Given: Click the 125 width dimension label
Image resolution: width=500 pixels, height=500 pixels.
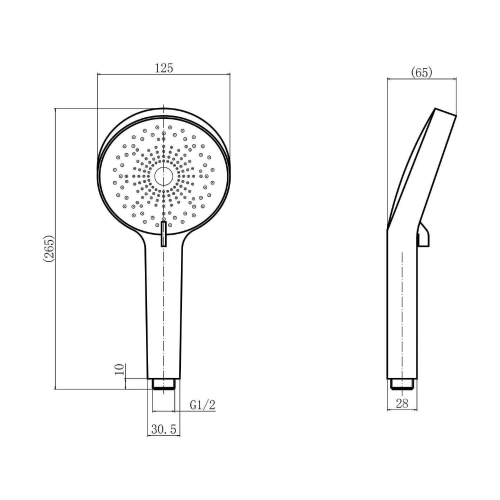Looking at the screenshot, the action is (163, 68).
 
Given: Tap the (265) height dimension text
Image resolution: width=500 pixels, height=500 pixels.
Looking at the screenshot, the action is (48, 248).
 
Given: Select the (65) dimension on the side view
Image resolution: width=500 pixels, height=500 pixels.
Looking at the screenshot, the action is (421, 72).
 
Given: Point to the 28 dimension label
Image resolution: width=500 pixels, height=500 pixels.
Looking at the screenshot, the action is (402, 403).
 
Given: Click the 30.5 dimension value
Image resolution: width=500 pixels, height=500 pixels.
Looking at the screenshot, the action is (163, 429).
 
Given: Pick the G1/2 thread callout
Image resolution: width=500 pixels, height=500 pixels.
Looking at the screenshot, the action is (202, 405).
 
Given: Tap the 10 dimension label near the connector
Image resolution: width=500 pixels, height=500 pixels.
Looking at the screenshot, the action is (119, 369).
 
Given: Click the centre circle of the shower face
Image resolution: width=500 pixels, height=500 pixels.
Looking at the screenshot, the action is (163, 176).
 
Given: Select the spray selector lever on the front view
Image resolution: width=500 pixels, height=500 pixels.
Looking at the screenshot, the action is (163, 234).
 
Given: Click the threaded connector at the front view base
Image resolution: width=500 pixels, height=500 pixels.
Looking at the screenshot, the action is (163, 384).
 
